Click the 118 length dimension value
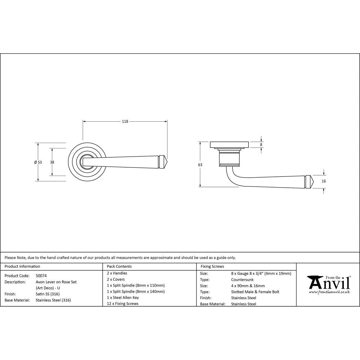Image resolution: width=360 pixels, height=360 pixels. pos(125,122)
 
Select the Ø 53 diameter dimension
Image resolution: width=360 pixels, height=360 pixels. pos(38,162)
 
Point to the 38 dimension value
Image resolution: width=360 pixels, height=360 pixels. pos(52,162)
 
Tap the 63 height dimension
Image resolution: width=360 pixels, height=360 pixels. pos(200,165)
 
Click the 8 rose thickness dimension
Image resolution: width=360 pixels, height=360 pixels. pos(261,145)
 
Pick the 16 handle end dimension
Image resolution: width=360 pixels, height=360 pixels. pos(324,181)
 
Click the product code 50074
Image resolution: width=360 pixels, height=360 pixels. pos(41,276)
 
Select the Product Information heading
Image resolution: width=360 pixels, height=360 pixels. pos(22,267)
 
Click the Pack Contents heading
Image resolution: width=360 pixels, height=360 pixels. pos(119,267)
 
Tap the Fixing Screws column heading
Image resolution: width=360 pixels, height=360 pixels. pos(212,267)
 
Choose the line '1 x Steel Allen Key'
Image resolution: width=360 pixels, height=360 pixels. pos(123,298)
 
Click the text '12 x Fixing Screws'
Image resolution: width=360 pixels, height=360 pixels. pos(123,304)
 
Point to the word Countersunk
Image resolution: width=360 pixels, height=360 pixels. pos(242,280)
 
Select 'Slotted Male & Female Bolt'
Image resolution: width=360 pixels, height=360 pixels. pos(255,292)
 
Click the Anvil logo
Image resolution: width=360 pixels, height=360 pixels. pos(328,283)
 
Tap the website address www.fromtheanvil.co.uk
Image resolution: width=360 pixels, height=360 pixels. pos(329,292)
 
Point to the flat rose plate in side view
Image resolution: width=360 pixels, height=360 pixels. pos(229,145)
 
